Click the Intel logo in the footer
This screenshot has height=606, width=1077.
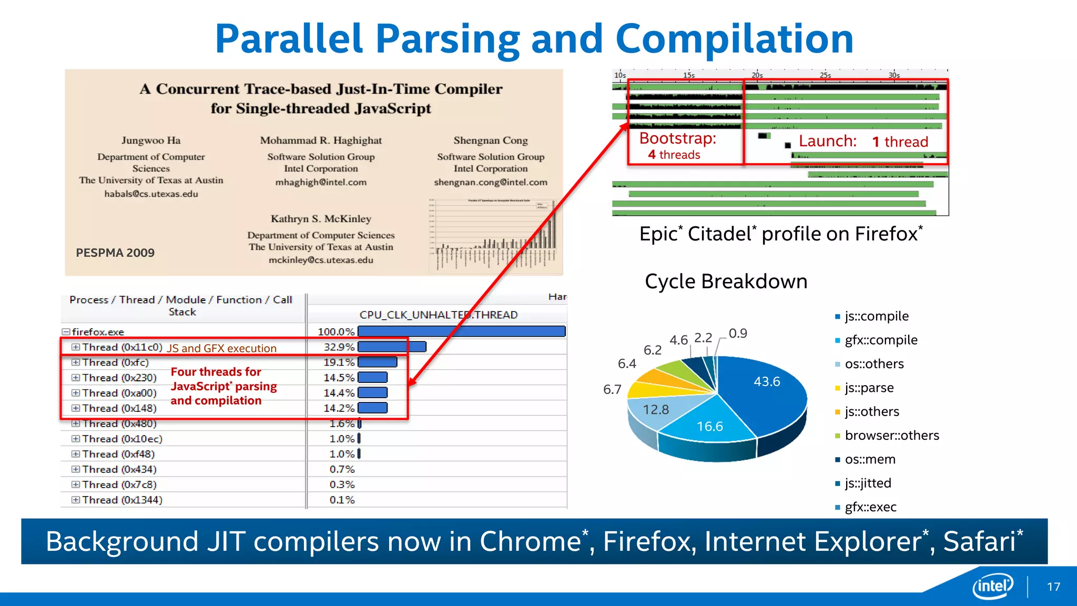pos(992,585)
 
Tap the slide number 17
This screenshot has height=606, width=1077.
pos(1053,587)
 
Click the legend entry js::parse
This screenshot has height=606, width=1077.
pos(869,388)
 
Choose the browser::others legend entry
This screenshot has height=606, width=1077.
pos(891,436)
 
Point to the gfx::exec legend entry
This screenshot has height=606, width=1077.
pos(870,507)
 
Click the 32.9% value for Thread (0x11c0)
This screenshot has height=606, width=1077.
pos(339,347)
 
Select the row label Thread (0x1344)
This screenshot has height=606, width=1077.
pos(122,500)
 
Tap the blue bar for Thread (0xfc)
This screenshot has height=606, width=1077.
pos(377,362)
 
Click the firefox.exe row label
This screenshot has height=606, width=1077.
pos(98,332)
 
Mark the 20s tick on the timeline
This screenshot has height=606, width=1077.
pos(757,75)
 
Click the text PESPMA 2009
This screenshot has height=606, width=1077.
pos(115,253)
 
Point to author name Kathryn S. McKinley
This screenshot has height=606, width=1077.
pos(321,219)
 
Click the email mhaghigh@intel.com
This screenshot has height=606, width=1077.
pos(321,183)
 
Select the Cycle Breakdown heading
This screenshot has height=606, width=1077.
pos(726,281)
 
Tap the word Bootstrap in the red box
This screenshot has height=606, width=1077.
pos(677,138)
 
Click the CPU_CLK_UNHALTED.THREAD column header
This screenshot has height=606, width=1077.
pos(438,315)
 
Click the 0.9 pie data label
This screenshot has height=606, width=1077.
pos(737,334)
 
